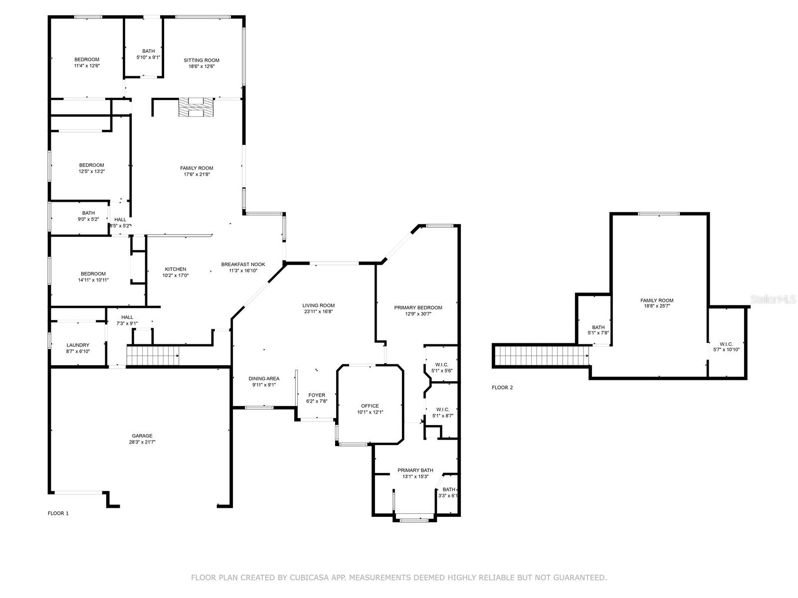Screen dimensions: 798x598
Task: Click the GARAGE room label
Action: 142,436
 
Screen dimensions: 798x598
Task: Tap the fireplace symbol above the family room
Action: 196,107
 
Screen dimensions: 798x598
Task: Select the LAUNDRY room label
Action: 78,345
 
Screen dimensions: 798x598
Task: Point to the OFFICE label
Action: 370,406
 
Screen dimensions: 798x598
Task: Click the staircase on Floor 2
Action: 542,356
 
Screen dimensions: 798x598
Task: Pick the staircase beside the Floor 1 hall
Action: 153,355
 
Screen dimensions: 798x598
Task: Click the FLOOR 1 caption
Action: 58,513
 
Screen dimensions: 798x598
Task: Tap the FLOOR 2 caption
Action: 502,387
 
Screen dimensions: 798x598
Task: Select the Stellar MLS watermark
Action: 773,299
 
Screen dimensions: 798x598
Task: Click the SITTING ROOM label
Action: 201,60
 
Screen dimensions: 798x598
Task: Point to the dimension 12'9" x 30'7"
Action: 418,314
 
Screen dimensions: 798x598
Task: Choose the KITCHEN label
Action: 176,269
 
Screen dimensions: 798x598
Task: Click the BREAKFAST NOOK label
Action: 243,264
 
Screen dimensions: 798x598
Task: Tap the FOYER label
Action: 317,395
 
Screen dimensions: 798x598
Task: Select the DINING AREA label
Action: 264,378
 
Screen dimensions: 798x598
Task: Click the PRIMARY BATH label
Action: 415,470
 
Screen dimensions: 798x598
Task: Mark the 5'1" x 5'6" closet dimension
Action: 442,371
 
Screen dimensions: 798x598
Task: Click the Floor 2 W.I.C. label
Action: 726,344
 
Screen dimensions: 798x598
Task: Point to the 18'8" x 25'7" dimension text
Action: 657,305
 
